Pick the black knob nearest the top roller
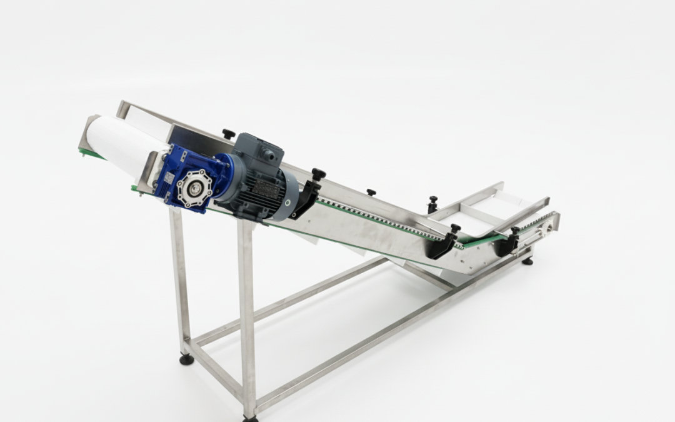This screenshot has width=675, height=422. coord(229,134)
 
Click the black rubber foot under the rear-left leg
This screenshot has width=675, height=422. coord(186,359)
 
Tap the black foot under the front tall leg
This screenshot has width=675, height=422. coord(249,418)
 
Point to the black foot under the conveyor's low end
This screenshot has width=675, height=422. coord(528,261)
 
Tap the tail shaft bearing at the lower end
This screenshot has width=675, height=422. coord(548,229)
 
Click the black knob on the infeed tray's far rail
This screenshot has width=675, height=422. coord(432,201)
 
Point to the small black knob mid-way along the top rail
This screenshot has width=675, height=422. coord(371,193)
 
